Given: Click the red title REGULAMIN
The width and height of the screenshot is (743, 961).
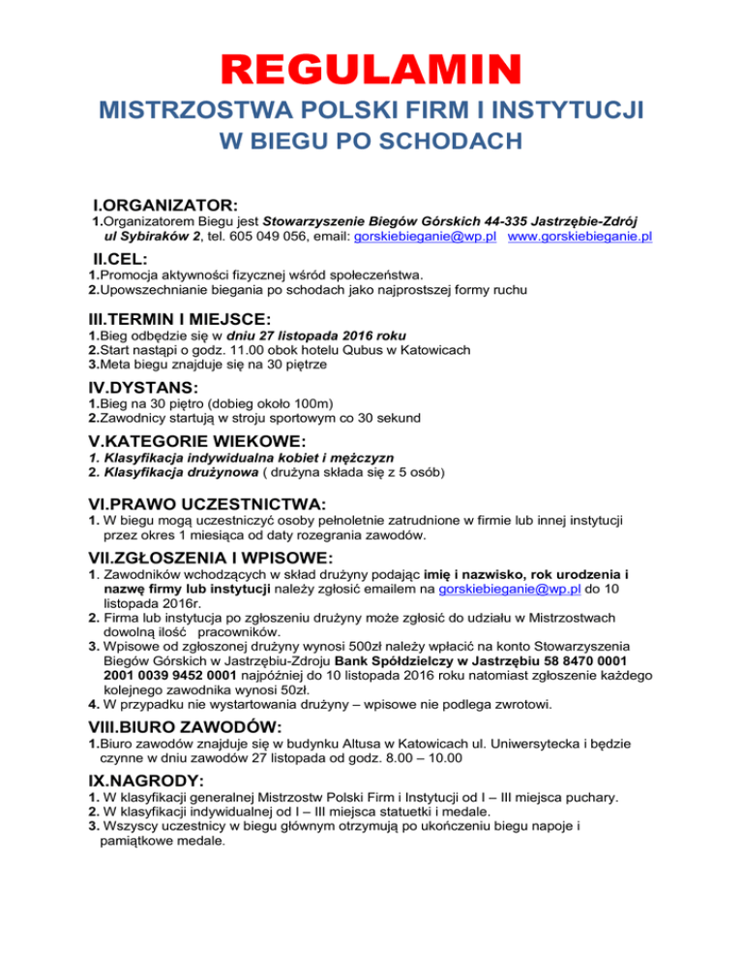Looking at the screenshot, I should click(x=371, y=71).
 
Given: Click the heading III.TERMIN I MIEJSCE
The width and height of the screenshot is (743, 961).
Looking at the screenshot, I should click(x=191, y=320).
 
